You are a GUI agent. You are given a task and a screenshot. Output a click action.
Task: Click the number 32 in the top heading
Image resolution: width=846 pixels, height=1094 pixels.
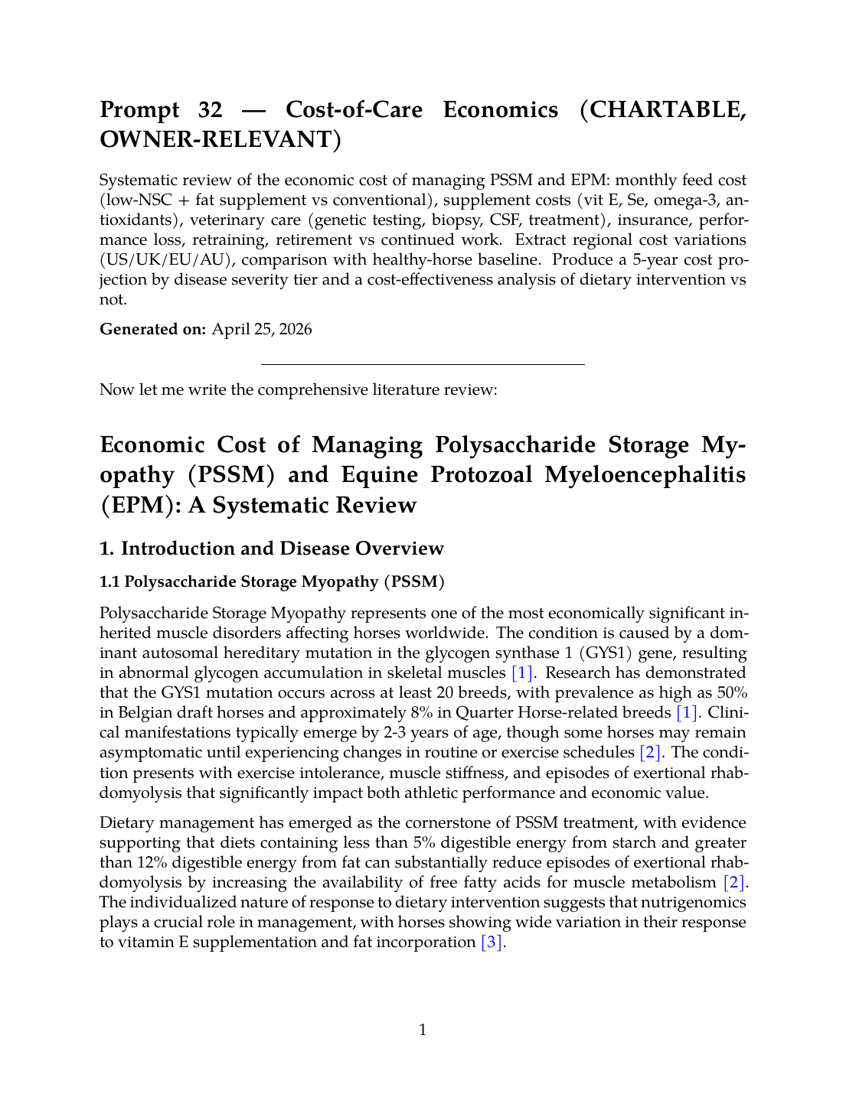(x=210, y=110)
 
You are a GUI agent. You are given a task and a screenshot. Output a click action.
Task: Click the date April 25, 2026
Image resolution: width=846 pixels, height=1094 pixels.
(x=262, y=330)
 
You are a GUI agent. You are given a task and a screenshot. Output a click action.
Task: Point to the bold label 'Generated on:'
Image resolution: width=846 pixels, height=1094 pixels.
(x=152, y=330)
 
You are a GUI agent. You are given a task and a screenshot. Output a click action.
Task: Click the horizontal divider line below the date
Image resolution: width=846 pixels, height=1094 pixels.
(x=423, y=365)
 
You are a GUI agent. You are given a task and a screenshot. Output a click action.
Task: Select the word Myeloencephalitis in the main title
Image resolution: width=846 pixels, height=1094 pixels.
(x=645, y=475)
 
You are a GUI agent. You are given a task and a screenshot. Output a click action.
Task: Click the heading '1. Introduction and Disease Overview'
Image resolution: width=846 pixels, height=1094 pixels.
(x=272, y=549)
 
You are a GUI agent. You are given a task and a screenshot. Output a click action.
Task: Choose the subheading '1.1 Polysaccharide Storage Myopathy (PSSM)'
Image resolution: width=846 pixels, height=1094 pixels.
(x=272, y=581)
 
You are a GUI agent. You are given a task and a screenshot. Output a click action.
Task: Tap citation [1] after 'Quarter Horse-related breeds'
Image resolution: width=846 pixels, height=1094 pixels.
(x=686, y=713)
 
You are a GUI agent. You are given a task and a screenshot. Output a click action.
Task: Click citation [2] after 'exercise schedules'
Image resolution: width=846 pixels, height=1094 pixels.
(x=651, y=753)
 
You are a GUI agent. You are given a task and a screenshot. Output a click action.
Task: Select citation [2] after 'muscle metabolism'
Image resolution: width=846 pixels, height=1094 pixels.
(x=734, y=883)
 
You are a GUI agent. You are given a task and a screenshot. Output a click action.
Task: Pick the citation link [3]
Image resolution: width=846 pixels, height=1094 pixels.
(x=492, y=943)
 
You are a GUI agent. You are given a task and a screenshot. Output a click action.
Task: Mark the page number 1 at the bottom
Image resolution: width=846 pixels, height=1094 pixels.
(x=423, y=1031)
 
